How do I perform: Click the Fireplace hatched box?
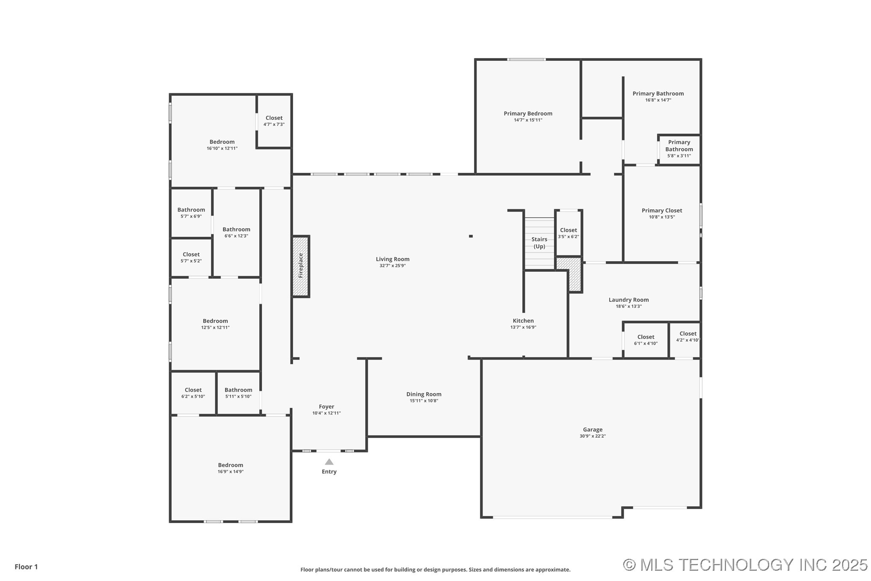click(x=301, y=266)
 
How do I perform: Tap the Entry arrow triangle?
click(x=329, y=462)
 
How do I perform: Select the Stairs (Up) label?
click(x=539, y=243)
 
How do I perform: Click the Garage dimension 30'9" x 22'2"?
click(x=593, y=436)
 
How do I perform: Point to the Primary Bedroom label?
click(x=527, y=113)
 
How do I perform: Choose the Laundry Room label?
click(x=628, y=300)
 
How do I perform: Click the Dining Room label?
click(x=424, y=394)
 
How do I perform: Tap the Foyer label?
click(x=326, y=407)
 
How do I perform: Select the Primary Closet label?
click(x=661, y=210)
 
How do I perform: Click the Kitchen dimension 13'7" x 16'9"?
click(x=523, y=327)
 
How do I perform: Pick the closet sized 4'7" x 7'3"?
click(x=274, y=121)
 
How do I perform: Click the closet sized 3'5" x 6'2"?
click(x=568, y=233)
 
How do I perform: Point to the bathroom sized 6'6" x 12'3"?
click(x=236, y=232)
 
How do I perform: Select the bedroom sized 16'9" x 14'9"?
click(x=230, y=468)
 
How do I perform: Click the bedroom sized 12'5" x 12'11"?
click(x=215, y=324)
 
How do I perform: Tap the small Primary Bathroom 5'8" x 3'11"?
click(x=679, y=149)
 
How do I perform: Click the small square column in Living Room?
click(x=471, y=236)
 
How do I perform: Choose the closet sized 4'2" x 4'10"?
click(x=687, y=337)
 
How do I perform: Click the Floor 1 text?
click(x=26, y=567)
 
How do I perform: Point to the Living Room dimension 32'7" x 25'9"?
click(x=392, y=265)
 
